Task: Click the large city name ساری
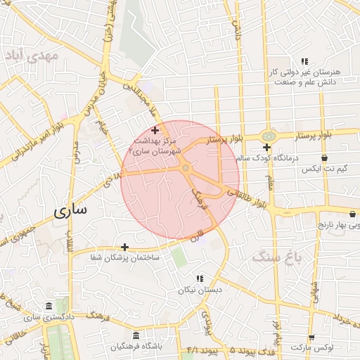(71, 210)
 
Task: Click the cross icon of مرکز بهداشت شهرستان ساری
(155, 130)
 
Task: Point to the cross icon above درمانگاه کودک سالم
(266, 147)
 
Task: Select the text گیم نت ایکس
(324, 169)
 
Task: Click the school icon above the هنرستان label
(304, 61)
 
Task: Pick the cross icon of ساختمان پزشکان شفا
(124, 247)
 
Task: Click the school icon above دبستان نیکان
(200, 278)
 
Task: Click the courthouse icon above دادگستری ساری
(48, 307)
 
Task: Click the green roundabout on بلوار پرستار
(268, 136)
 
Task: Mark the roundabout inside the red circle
(185, 168)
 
